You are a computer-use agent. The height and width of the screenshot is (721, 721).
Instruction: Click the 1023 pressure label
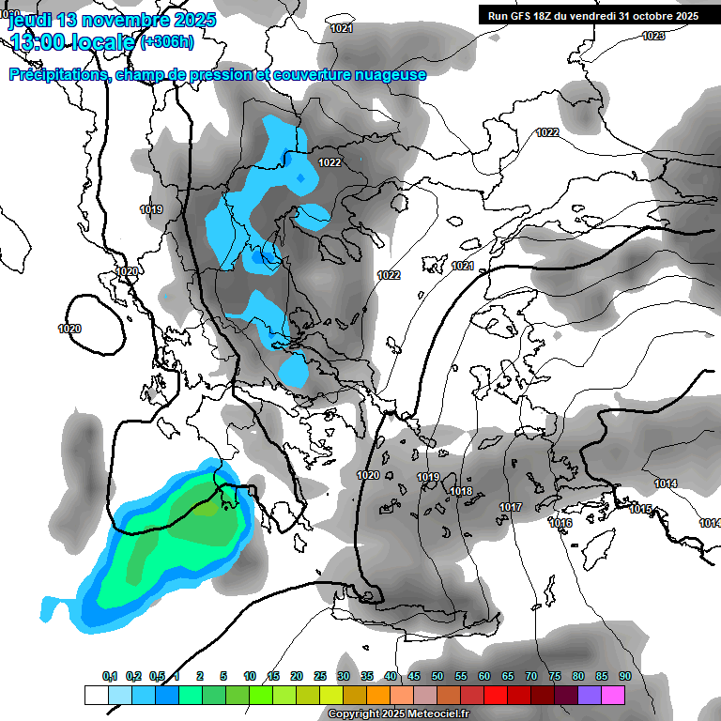[653, 36]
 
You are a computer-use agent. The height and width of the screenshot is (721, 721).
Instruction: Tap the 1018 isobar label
[461, 492]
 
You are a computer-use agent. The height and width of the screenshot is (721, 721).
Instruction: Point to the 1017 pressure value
[511, 508]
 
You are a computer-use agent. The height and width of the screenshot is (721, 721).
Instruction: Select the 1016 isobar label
[560, 523]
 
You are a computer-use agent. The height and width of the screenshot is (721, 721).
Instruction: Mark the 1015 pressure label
[641, 509]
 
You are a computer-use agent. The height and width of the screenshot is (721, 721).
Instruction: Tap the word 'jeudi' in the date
[32, 20]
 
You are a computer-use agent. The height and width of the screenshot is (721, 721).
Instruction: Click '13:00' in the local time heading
[40, 41]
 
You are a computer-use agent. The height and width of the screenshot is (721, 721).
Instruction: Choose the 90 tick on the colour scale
[624, 676]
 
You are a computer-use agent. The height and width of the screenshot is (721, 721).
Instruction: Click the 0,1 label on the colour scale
[109, 676]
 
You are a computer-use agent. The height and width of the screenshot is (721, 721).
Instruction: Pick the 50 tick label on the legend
[437, 676]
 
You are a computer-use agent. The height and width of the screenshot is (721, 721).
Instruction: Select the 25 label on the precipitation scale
[320, 676]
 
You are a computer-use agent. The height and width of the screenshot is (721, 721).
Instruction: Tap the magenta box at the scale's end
[613, 695]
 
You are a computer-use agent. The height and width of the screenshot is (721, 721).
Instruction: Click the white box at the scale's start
[97, 695]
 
